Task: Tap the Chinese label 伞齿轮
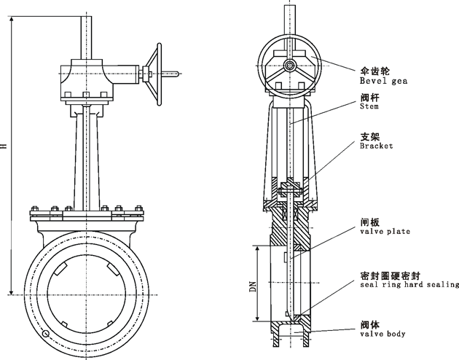pos(374,71)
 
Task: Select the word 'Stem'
pos(369,106)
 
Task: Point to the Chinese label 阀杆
pos(369,97)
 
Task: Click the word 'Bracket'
pos(377,146)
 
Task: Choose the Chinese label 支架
pos(369,136)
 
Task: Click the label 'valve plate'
pos(385,231)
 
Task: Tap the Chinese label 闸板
pos(369,222)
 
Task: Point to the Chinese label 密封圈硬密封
pos(388,275)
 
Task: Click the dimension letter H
pos(4,146)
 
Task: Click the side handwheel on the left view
pos(154,71)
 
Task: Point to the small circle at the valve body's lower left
pos(47,334)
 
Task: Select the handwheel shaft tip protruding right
pos(176,71)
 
